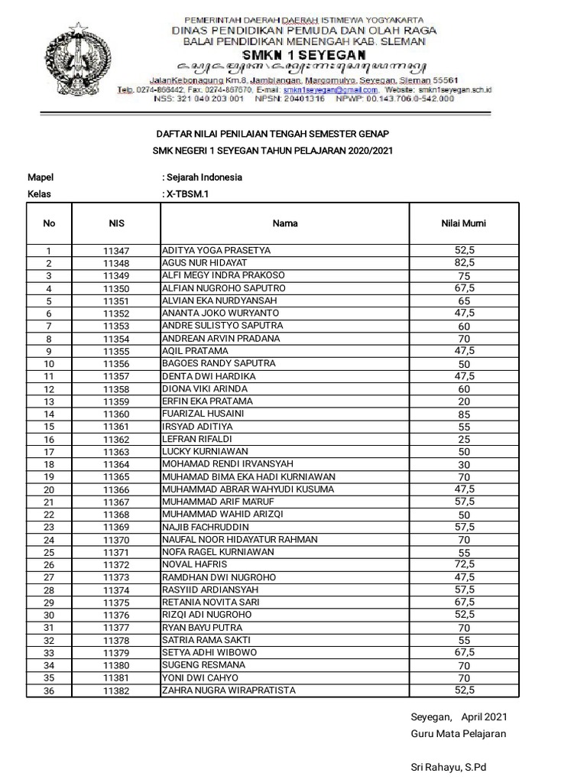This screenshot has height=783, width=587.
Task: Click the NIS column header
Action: click(116, 224)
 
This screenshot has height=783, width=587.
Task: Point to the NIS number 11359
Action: click(116, 401)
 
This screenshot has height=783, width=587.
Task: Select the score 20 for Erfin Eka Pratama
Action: click(464, 401)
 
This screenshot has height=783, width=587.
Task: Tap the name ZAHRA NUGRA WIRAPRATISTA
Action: click(228, 690)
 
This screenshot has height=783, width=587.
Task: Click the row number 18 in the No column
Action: click(49, 465)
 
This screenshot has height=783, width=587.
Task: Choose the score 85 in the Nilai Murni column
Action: click(464, 414)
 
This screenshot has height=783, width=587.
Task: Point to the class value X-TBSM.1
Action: click(188, 194)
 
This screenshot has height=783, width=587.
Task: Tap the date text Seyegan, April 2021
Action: click(458, 717)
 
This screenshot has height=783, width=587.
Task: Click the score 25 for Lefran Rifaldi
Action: click(464, 439)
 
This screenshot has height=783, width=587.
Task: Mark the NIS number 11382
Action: click(116, 691)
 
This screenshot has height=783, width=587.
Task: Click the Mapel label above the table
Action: click(41, 177)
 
